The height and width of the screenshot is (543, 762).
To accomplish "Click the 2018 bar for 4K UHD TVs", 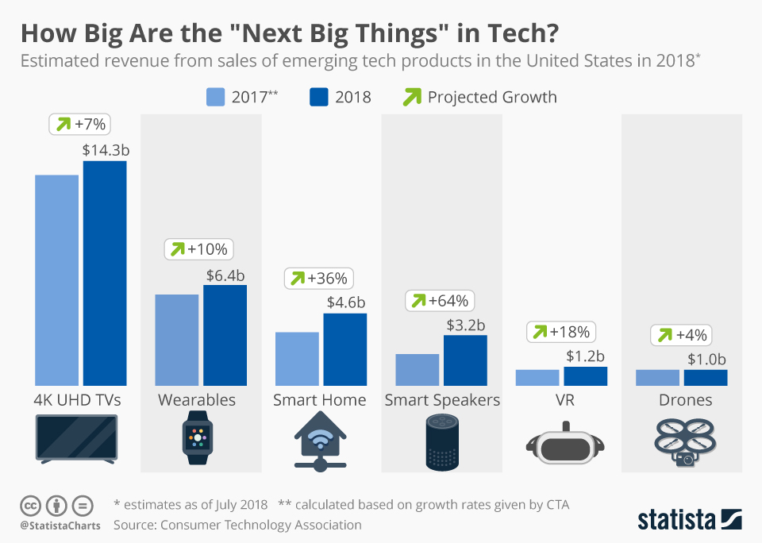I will (105, 273).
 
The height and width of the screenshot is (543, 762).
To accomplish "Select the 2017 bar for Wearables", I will (177, 340).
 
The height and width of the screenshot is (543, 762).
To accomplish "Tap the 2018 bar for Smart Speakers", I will (465, 360).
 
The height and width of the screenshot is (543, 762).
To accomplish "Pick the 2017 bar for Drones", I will (657, 378).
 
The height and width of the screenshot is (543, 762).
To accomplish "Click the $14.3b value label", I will (104, 149).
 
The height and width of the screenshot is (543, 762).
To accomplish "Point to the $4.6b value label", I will (345, 302).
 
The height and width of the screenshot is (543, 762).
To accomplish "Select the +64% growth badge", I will (441, 301).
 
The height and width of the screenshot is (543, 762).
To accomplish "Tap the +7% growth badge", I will (80, 124).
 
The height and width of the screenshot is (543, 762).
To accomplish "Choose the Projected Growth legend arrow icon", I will (413, 97).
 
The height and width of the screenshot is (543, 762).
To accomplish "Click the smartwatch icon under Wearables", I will (198, 437).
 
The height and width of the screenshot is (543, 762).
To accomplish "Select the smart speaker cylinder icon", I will (442, 442).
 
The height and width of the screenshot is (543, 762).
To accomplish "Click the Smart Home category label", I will (320, 399).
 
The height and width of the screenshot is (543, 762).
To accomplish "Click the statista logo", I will (690, 520).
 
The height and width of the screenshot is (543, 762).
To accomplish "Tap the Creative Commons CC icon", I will (30, 505).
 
